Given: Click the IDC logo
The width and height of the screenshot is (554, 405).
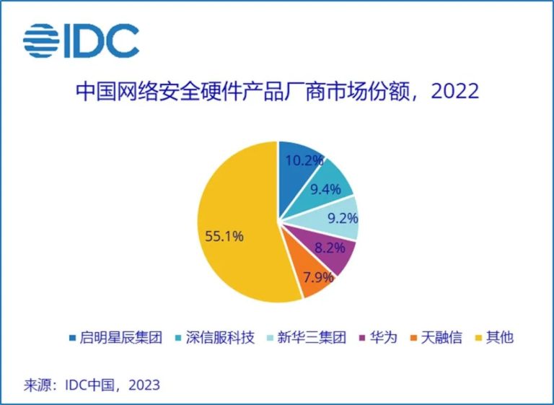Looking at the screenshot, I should (x=81, y=41).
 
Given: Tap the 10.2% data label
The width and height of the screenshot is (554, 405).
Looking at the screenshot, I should (x=304, y=161).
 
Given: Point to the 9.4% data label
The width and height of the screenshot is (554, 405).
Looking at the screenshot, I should (x=325, y=190).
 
